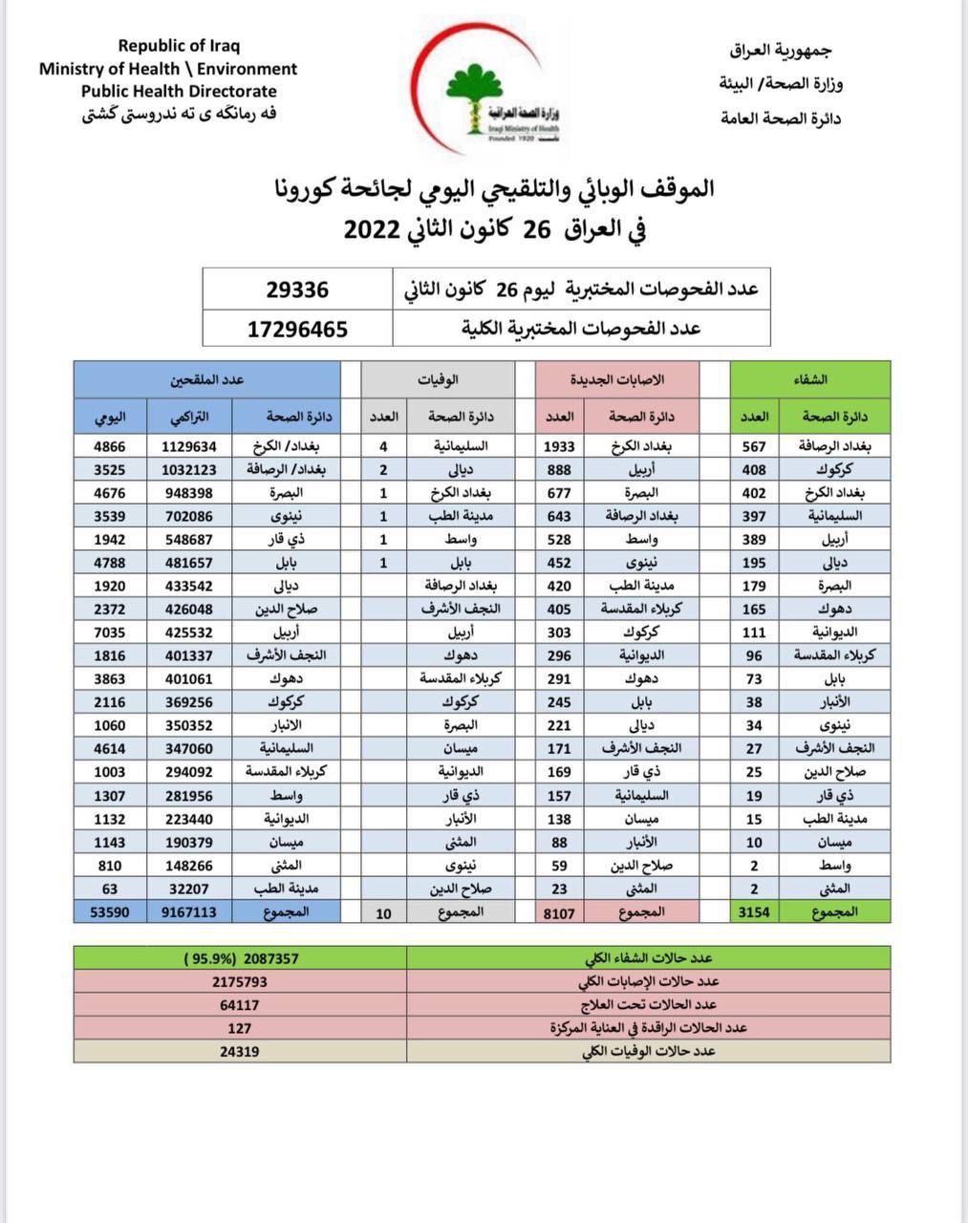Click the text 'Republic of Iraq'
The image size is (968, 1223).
click(x=179, y=45)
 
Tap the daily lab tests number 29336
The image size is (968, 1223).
click(x=297, y=290)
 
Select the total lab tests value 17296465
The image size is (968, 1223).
click(x=297, y=330)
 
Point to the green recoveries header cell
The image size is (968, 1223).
click(x=810, y=379)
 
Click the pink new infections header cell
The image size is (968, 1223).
click(x=616, y=379)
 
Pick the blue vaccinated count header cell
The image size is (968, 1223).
click(x=207, y=379)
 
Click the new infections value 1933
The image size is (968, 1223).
click(x=559, y=446)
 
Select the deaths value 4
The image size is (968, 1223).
click(x=383, y=446)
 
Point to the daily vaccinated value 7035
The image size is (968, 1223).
click(x=110, y=632)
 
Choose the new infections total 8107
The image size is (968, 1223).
click(x=559, y=912)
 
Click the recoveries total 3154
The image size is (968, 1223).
click(x=754, y=912)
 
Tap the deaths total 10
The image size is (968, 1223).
click(x=383, y=912)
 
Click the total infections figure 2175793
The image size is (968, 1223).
click(x=240, y=981)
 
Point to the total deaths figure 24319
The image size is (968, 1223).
click(x=240, y=1051)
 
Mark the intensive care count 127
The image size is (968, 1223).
click(x=240, y=1028)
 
